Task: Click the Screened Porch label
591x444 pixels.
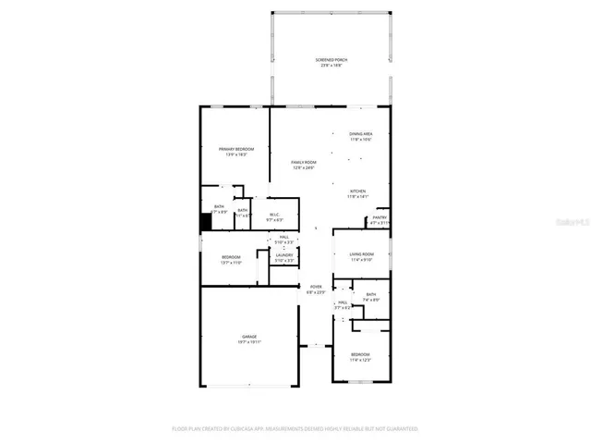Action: click(331, 62)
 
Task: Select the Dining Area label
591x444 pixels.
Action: click(360, 136)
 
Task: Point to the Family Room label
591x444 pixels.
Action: click(304, 165)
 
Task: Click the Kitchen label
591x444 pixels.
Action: click(357, 193)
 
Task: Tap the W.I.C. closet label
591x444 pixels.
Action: click(274, 216)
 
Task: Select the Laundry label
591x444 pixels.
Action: click(284, 257)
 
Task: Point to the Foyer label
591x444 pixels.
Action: click(316, 289)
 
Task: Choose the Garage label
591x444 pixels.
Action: click(249, 339)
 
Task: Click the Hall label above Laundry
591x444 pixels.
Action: click(284, 239)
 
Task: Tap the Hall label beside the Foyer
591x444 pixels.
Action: click(342, 303)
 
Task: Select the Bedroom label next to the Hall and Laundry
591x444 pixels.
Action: click(230, 259)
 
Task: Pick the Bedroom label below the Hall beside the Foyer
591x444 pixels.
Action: click(359, 356)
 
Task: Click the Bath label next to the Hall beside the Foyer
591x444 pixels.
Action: click(370, 296)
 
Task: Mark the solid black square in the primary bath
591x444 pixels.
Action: click(207, 223)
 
